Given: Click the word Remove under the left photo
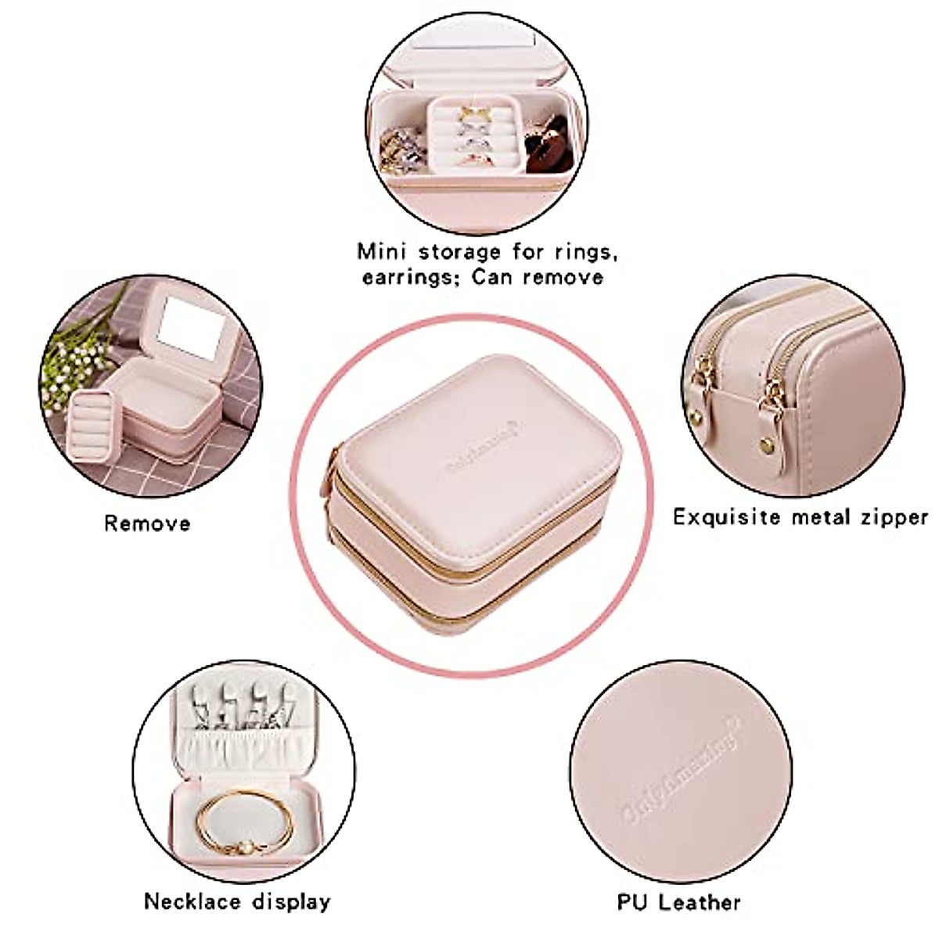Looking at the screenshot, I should [147, 523].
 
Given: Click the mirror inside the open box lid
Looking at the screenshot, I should [192, 330].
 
